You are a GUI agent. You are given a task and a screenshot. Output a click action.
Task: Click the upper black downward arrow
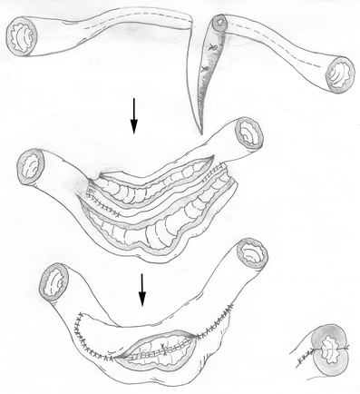[133, 116]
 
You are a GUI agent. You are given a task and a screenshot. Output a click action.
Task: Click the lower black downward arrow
[141, 290]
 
